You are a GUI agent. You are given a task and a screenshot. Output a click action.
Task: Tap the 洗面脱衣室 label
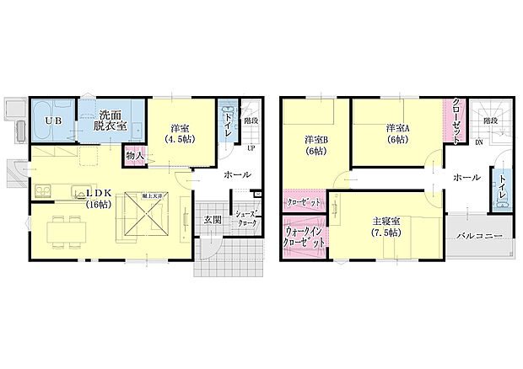point(111,120)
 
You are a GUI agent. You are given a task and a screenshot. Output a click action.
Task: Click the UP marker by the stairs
point(251,148)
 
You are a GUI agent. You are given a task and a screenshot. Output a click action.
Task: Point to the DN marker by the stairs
point(478,142)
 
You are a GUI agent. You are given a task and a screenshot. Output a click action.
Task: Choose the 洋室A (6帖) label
point(396,134)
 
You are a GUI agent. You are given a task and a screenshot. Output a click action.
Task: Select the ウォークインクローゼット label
point(305,236)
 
